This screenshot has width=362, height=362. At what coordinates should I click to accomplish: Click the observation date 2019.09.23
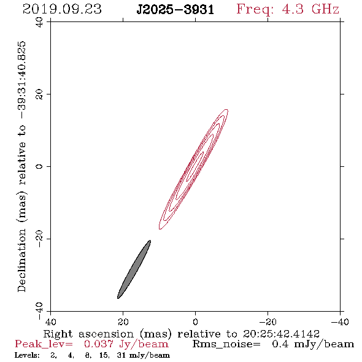tap(62, 9)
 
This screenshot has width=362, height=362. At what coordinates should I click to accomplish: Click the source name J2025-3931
tap(175, 10)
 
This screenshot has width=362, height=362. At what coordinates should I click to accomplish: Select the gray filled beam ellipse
tap(134, 269)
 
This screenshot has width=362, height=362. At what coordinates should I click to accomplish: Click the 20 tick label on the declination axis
tap(39, 94)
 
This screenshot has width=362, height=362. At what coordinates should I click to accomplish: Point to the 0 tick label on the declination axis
tap(39, 166)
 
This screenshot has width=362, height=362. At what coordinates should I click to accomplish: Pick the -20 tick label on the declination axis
tap(39, 239)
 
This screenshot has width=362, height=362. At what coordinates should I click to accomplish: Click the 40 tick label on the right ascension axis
tap(50, 322)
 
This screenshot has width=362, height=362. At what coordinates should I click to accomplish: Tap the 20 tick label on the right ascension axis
tap(123, 322)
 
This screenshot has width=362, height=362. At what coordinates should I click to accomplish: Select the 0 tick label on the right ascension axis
tap(195, 322)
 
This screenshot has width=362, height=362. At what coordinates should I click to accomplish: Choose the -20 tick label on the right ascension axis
tap(268, 322)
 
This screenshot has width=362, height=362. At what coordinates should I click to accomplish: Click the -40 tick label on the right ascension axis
tap(340, 322)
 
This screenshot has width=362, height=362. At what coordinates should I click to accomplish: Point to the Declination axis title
tap(22, 166)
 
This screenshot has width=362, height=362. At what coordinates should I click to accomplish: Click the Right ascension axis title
tap(182, 334)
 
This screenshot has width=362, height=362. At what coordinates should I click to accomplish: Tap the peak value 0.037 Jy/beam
tap(126, 344)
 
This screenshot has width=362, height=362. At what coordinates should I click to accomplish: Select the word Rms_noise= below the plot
tap(226, 344)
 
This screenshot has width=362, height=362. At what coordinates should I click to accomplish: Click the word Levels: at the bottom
tap(27, 355)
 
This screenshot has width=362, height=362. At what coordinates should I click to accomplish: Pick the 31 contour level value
tap(121, 355)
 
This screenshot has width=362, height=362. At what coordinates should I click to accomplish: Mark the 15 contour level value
tap(104, 355)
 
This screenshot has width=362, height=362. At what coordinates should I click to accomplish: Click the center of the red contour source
tap(194, 169)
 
